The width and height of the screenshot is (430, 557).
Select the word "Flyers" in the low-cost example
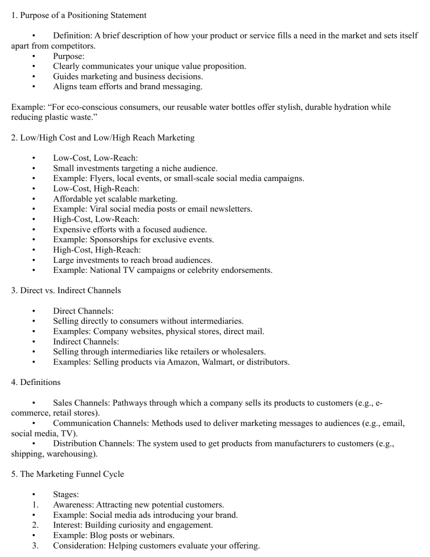(101, 178)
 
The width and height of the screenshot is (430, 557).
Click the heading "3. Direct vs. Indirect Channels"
(66, 290)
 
